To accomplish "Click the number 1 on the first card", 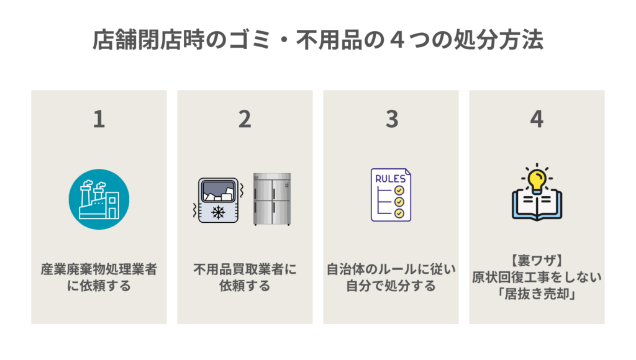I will [99, 119].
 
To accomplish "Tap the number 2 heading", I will [245, 119].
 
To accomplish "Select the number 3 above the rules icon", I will [391, 119].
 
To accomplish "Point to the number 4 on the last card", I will [537, 119].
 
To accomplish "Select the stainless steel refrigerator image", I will [272, 199].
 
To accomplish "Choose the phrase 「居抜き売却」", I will [537, 295].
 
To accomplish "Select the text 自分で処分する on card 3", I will [391, 286].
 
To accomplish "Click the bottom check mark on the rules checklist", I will [399, 213].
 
